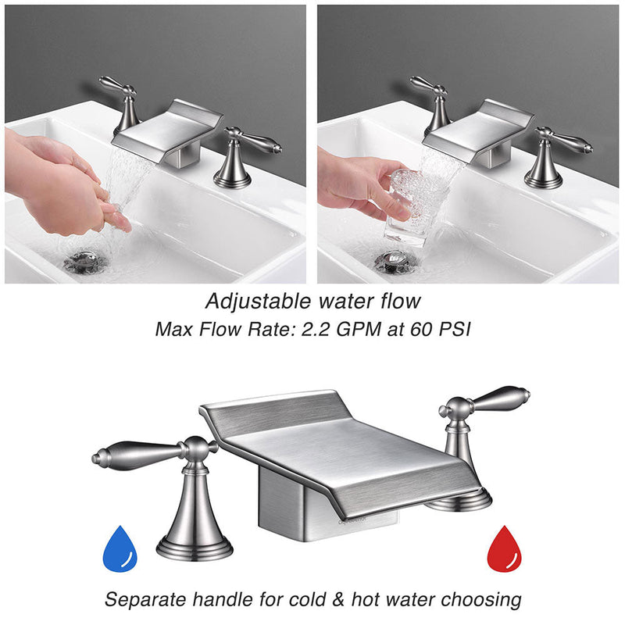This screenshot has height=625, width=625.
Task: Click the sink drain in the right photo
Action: pyautogui.click(x=395, y=261)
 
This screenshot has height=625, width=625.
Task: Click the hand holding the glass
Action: pyautogui.click(x=359, y=187)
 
